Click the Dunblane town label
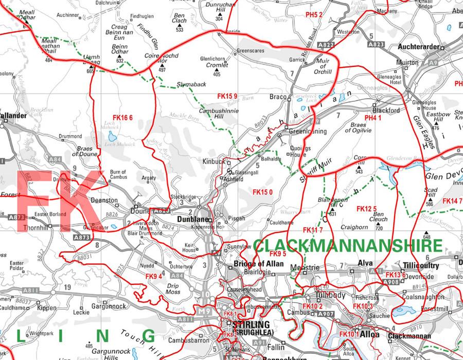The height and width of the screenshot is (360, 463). click(x=192, y=219)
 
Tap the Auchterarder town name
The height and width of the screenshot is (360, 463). click(x=418, y=47)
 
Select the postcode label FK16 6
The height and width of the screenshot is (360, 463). click(x=122, y=118)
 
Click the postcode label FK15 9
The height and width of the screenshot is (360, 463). click(x=227, y=96)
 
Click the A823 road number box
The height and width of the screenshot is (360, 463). click(x=377, y=45)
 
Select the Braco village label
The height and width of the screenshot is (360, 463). click(x=278, y=96)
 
